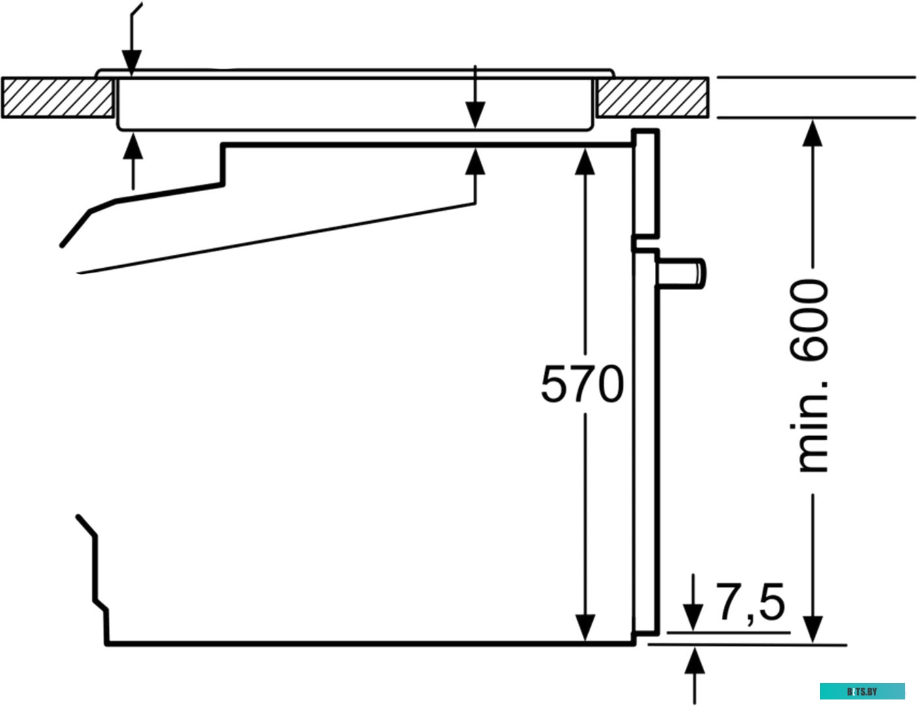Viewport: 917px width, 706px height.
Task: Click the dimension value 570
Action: click(582, 384)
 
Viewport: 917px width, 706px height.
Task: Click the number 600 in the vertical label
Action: click(810, 320)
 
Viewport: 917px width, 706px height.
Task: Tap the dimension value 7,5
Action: click(751, 603)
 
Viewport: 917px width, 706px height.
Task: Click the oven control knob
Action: click(684, 272)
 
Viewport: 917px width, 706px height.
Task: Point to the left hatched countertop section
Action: click(58, 98)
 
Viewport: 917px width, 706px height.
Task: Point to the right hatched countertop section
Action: click(652, 98)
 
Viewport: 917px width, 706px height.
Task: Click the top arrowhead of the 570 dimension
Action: click(585, 160)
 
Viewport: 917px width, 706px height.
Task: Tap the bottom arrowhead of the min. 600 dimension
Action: click(813, 629)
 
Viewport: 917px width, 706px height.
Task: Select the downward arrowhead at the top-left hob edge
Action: click(132, 66)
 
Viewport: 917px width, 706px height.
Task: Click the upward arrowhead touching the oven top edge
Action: click(476, 160)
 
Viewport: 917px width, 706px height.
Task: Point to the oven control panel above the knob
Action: click(646, 183)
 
